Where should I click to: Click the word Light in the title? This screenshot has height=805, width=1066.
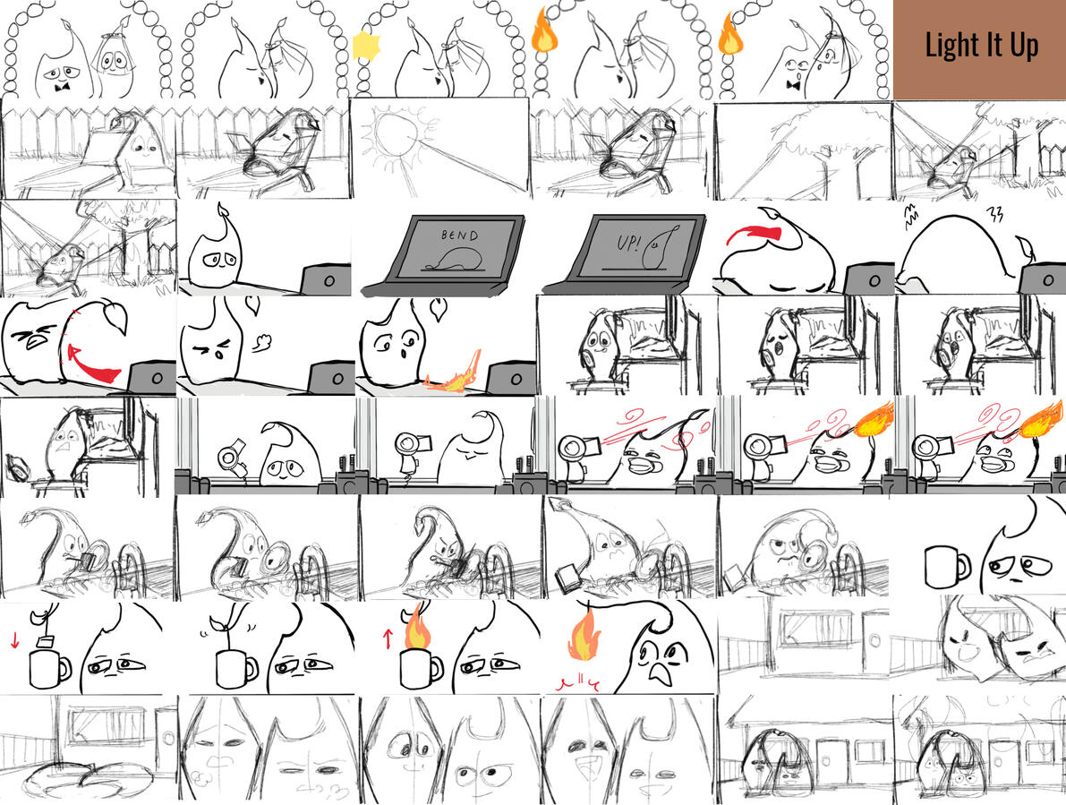[951, 47]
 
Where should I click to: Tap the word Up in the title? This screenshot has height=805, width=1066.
[1024, 47]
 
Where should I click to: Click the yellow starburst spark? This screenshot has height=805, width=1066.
[366, 47]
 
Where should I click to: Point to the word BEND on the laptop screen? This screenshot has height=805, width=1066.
[459, 236]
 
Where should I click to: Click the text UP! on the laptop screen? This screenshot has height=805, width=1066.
[627, 243]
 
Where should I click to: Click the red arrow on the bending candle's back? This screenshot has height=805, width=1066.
[755, 234]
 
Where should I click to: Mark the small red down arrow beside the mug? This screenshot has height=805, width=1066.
[15, 639]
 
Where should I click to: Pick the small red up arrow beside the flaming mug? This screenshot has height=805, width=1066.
[388, 638]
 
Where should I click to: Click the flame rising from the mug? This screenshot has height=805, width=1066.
[417, 629]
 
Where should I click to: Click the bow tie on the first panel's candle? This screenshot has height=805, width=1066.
[64, 88]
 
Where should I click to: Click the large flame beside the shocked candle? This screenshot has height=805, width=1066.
[584, 636]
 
